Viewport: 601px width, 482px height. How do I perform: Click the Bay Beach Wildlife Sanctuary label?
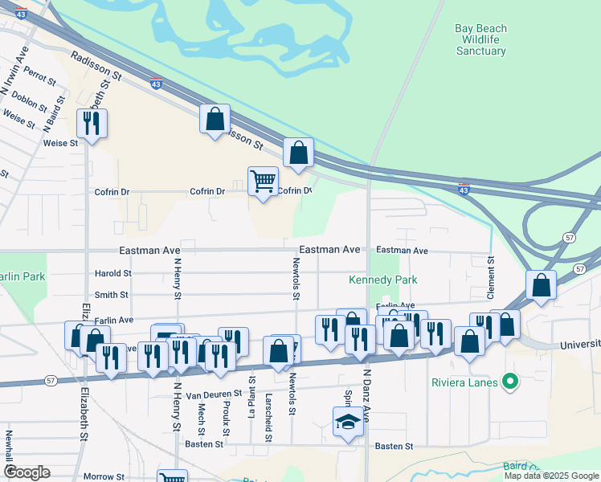[480, 39]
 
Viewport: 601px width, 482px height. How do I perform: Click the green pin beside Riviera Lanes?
[509, 381]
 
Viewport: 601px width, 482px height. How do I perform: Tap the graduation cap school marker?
[348, 422]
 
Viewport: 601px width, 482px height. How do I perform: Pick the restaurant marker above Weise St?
[92, 124]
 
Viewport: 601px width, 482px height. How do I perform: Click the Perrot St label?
[39, 76]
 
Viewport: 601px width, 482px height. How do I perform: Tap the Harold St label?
[112, 274]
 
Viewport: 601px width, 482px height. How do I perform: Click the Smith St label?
[112, 295]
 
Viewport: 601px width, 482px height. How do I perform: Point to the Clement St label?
[491, 276]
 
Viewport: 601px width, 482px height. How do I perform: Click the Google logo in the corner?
[27, 472]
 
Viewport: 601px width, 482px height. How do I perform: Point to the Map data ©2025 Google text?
[551, 476]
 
